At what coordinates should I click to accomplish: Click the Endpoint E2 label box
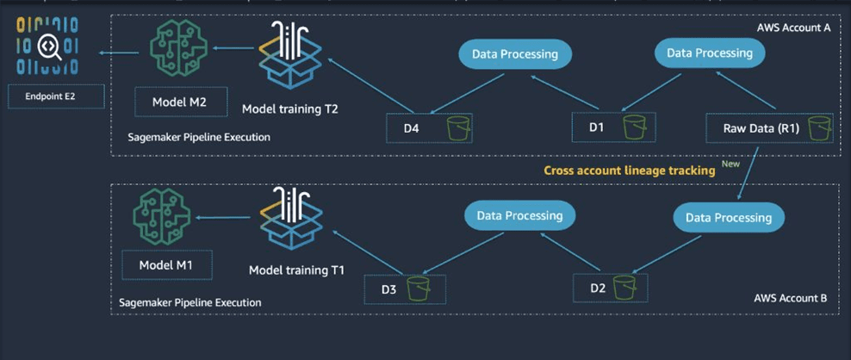click(55, 96)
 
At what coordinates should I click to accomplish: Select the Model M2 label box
click(181, 102)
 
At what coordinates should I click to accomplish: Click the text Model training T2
click(289, 109)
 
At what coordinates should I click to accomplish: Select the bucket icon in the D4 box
click(458, 129)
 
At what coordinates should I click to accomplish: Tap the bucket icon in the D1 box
click(635, 128)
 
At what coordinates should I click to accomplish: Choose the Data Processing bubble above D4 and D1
click(514, 54)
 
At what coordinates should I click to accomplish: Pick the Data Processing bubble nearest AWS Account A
click(709, 53)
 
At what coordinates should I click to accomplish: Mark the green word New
click(731, 164)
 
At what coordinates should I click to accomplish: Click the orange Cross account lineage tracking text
click(630, 171)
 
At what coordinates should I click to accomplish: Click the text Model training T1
click(296, 270)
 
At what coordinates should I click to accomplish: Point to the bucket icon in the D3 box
click(419, 289)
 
